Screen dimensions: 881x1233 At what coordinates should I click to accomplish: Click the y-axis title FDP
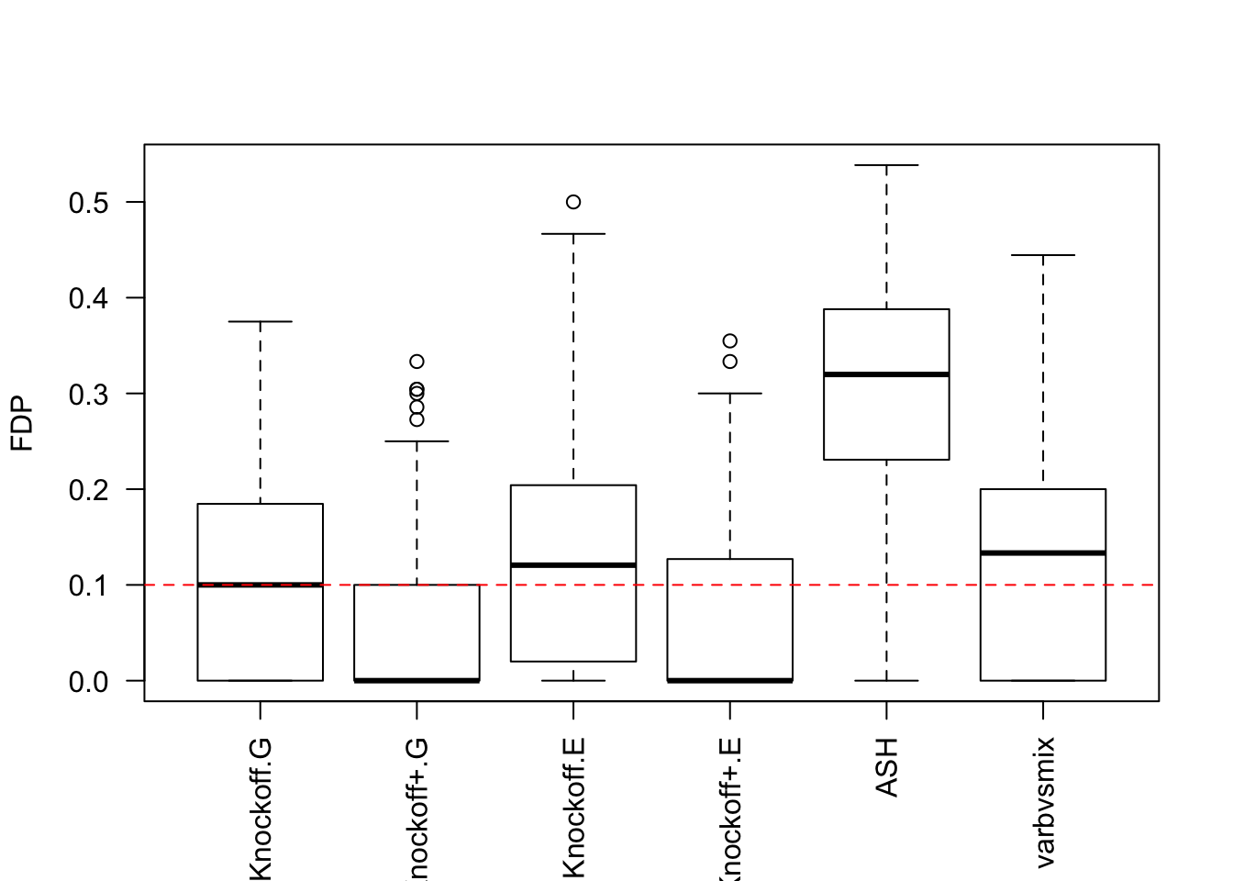(x=22, y=423)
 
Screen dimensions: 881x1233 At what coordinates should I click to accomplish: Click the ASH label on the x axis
(x=886, y=767)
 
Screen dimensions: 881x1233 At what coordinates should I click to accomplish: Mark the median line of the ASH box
(x=886, y=374)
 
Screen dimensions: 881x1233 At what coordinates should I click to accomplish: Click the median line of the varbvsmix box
(x=1043, y=552)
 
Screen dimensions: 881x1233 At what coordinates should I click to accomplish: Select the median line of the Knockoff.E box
(x=573, y=564)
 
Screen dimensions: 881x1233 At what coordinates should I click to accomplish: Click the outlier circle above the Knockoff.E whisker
(x=573, y=202)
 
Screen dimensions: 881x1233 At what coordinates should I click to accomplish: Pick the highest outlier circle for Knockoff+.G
(x=417, y=362)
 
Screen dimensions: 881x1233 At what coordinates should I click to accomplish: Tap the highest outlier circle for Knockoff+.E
(x=730, y=341)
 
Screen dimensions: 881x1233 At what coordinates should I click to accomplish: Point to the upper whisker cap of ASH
(x=886, y=165)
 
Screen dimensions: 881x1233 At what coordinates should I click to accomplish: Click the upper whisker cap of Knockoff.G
(x=261, y=322)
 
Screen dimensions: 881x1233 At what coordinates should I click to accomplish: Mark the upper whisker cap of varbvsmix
(x=1043, y=255)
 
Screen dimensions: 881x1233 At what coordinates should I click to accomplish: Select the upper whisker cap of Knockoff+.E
(x=730, y=393)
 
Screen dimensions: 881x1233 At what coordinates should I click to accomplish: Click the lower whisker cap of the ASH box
(x=886, y=680)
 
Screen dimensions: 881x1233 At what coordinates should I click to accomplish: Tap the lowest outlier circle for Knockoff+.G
(x=417, y=419)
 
